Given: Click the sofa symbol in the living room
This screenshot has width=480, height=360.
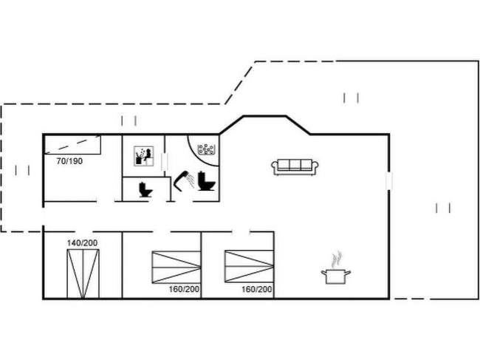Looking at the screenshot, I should pos(295,167).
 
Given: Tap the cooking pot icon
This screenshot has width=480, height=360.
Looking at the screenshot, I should pos(335,276).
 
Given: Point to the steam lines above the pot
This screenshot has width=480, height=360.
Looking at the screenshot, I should pos(337,259).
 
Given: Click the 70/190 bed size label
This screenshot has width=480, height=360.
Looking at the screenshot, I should pos(69,160).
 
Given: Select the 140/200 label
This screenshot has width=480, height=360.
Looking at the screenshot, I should pos(83,242).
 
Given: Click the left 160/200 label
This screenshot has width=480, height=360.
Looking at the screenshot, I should pos(184,289).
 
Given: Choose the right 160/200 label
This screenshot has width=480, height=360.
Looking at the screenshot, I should pos(257,289).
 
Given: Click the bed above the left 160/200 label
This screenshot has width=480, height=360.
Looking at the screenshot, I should pos(176,267).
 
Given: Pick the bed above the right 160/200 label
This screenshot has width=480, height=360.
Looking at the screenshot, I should pos(248,267).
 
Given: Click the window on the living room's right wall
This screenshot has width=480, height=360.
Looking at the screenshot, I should pos(389,181).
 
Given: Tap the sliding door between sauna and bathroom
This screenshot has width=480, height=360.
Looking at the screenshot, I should pos(163,161).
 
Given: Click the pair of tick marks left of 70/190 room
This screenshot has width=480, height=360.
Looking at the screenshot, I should pos(22,170).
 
